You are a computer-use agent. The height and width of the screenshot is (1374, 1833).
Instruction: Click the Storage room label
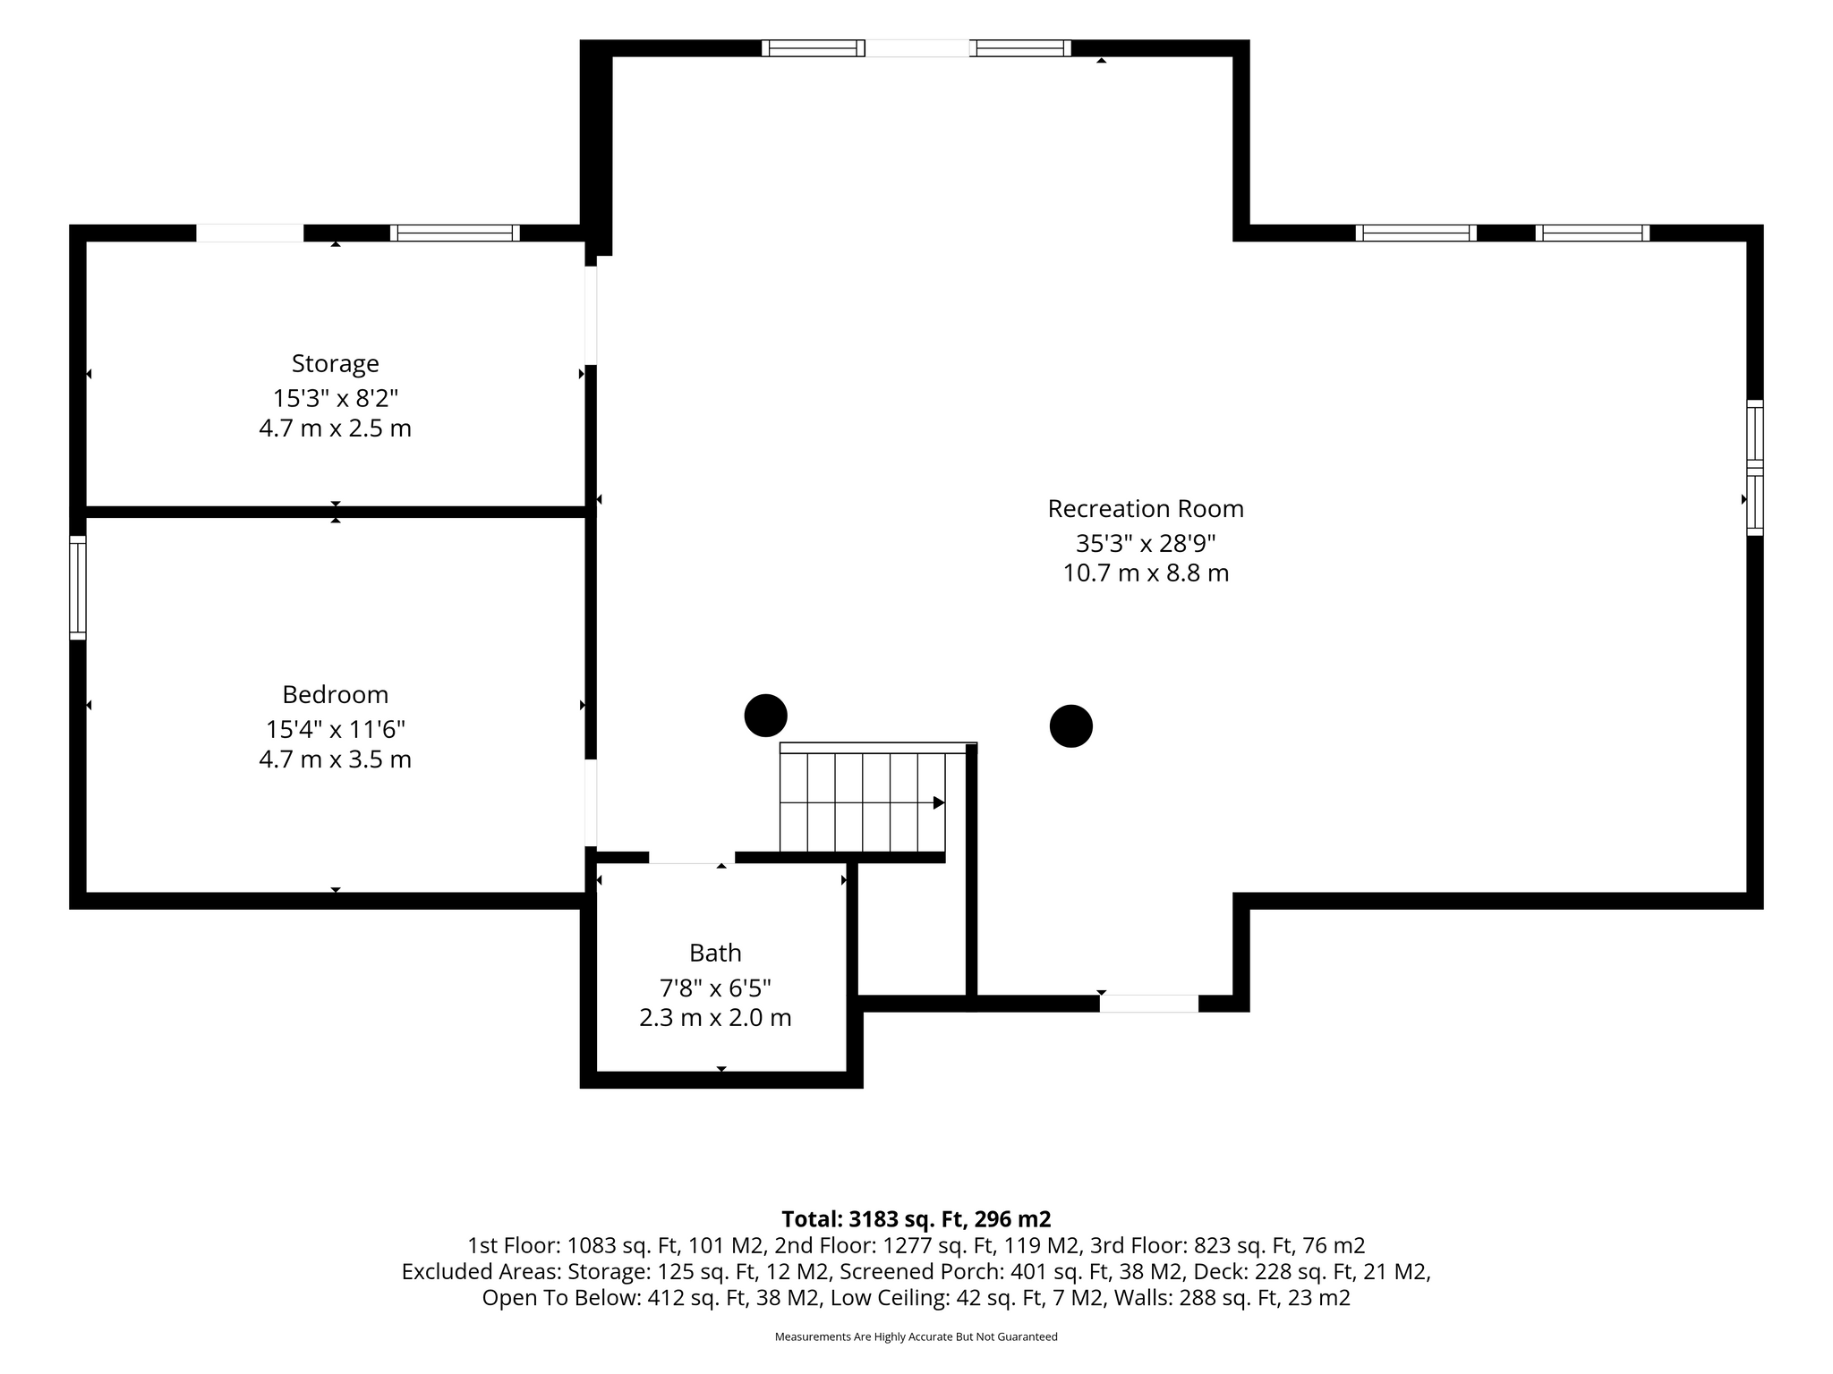pyautogui.click(x=336, y=364)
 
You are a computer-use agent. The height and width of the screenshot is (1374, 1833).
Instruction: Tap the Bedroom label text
pyautogui.click(x=336, y=694)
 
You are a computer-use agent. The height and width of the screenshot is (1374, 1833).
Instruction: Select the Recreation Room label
pyautogui.click(x=1146, y=509)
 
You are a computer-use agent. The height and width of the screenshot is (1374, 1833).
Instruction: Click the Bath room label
pyautogui.click(x=715, y=953)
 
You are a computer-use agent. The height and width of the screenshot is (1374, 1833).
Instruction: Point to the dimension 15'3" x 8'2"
pyautogui.click(x=336, y=398)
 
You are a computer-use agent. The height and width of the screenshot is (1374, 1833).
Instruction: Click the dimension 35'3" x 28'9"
pyautogui.click(x=1146, y=543)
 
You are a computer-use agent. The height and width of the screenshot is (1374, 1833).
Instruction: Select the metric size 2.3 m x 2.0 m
pyautogui.click(x=715, y=1018)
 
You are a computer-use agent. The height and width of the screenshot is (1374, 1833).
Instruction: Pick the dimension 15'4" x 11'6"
pyautogui.click(x=336, y=730)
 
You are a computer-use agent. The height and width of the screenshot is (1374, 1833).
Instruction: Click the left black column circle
pyautogui.click(x=766, y=716)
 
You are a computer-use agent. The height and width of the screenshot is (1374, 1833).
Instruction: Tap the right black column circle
pyautogui.click(x=1071, y=726)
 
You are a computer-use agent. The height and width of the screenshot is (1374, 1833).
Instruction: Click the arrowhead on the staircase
pyautogui.click(x=939, y=802)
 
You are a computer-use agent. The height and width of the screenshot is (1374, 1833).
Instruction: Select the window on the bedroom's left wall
pyautogui.click(x=78, y=588)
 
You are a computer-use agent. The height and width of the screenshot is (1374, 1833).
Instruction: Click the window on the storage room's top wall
pyautogui.click(x=455, y=233)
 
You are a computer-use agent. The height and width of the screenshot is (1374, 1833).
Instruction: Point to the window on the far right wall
pyautogui.click(x=1755, y=468)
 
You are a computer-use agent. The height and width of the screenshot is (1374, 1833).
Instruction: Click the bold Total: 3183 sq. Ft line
pyautogui.click(x=916, y=1219)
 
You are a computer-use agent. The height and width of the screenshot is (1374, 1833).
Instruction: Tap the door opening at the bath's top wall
pyautogui.click(x=692, y=858)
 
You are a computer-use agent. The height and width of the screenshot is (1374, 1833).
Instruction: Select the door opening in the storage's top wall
pyautogui.click(x=250, y=233)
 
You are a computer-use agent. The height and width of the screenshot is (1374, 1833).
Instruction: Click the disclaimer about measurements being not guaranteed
pyautogui.click(x=916, y=1336)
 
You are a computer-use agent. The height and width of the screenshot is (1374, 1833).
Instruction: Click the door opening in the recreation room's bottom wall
pyautogui.click(x=1149, y=1004)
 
